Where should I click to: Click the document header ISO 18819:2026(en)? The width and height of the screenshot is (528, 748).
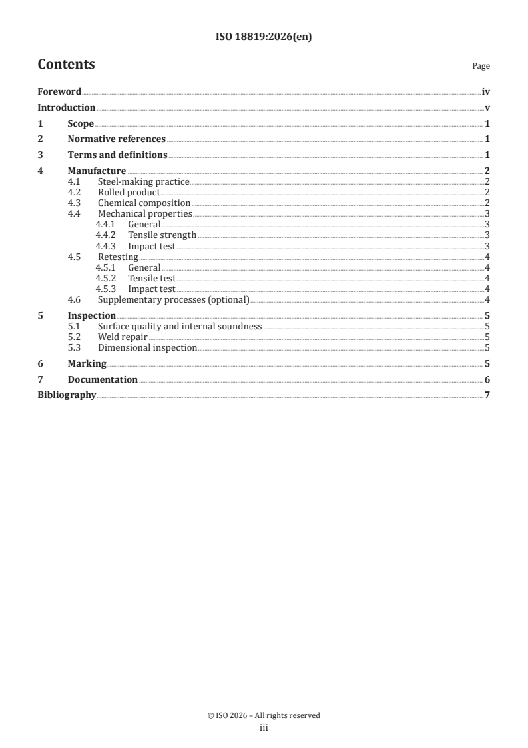click(264, 37)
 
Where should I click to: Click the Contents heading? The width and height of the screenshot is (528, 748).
click(66, 65)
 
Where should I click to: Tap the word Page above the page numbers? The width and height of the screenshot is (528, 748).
click(481, 66)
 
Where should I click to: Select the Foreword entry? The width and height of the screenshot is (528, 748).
click(59, 92)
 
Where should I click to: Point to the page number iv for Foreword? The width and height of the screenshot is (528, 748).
click(486, 92)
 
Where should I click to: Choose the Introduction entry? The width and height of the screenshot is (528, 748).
click(66, 108)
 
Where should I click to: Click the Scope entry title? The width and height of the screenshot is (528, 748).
click(81, 124)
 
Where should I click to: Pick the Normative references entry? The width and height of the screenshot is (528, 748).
click(117, 139)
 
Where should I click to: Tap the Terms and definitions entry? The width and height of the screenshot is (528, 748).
click(117, 155)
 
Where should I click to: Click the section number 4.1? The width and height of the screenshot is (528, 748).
click(75, 182)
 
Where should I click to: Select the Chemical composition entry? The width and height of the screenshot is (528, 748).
click(144, 203)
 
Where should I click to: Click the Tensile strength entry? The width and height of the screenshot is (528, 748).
click(162, 235)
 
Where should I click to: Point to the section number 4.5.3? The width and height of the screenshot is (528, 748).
click(105, 289)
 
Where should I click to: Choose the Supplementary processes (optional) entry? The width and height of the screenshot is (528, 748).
click(173, 300)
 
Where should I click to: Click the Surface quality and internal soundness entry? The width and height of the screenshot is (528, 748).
click(180, 327)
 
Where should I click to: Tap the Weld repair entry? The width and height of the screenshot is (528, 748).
click(123, 337)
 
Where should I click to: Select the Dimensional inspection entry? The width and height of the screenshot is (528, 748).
click(147, 348)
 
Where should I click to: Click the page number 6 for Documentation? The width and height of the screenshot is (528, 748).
click(487, 380)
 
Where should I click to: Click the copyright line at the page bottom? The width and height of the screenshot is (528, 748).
click(264, 715)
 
